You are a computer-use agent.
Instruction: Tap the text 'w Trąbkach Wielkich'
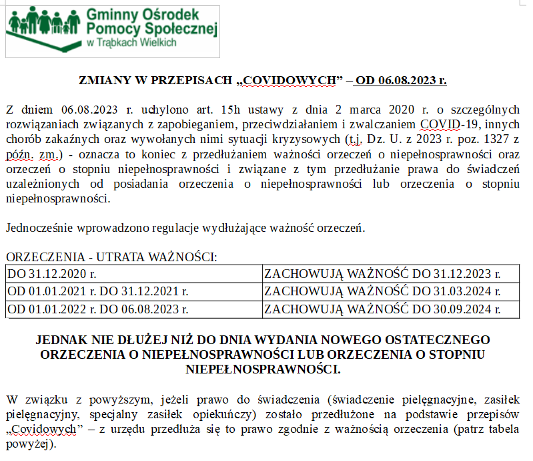coord(131,42)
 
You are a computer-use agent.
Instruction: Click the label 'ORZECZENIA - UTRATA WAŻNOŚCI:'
coord(111,257)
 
